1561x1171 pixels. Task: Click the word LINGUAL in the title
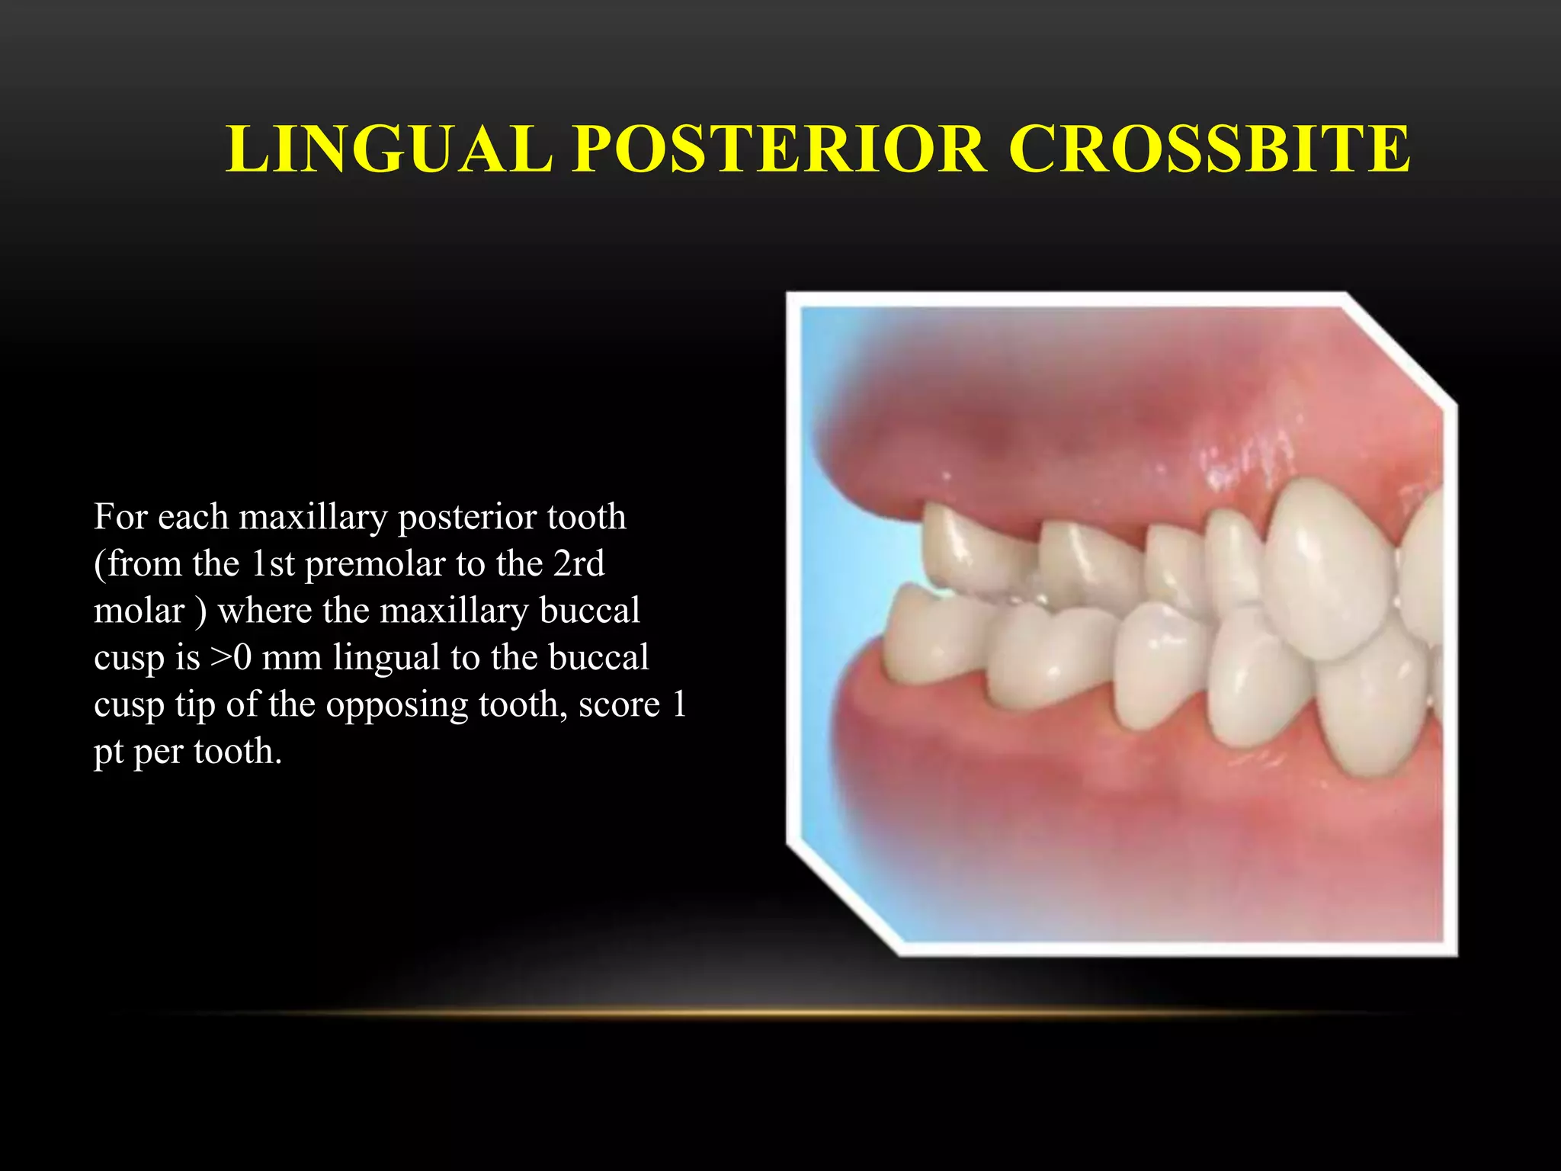(x=389, y=149)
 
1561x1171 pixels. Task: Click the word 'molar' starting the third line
(x=139, y=611)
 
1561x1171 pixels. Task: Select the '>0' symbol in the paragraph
(x=230, y=658)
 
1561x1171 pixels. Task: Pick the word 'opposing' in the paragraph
(x=397, y=705)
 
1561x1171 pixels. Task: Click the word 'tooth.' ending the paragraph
(x=238, y=752)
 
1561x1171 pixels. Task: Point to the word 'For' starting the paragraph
(x=120, y=518)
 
